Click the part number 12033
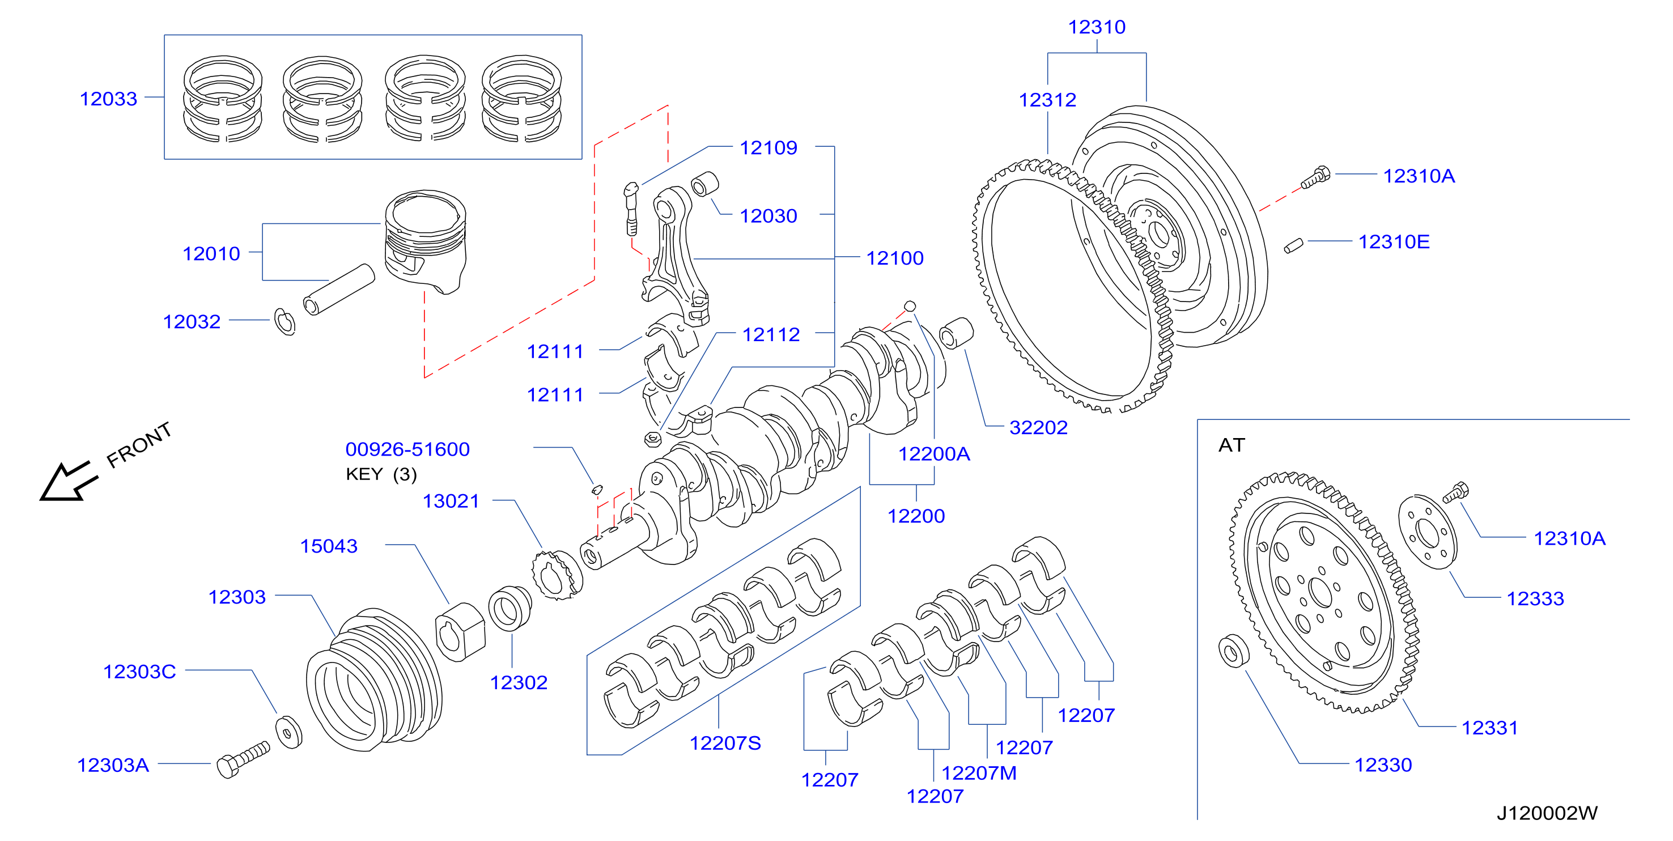tap(108, 99)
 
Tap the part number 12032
tap(192, 321)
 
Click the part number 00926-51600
tap(407, 449)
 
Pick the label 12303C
tap(139, 672)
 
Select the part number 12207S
tap(725, 743)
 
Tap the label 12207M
tap(979, 773)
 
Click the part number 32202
tap(1038, 427)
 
